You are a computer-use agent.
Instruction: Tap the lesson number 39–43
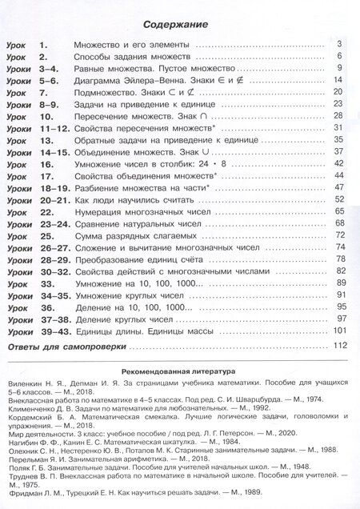click(x=52, y=331)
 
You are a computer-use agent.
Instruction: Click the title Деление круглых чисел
click(x=119, y=319)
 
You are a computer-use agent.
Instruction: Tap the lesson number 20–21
click(x=52, y=198)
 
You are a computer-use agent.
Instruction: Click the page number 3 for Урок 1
click(x=341, y=44)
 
